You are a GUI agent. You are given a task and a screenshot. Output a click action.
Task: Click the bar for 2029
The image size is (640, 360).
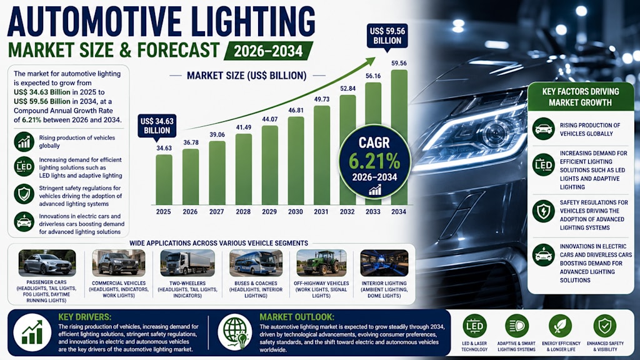270,165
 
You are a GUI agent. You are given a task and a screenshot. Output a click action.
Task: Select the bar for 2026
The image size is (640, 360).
191,177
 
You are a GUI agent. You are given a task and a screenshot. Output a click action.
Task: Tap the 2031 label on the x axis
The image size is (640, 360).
321,212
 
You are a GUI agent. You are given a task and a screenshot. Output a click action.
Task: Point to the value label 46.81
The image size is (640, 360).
296,110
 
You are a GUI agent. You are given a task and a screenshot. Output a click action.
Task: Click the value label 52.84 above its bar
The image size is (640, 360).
347,88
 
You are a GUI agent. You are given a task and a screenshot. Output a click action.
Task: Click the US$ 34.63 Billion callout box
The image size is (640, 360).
157,126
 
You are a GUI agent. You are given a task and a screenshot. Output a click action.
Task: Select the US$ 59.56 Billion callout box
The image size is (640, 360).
387,36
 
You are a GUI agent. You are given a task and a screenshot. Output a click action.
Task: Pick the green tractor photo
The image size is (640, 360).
322,263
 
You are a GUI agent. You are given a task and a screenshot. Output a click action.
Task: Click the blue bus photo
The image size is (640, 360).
256,263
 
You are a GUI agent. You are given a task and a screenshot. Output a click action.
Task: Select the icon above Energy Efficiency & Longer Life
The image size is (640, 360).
561,326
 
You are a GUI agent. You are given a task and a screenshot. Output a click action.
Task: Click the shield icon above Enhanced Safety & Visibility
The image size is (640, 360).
605,326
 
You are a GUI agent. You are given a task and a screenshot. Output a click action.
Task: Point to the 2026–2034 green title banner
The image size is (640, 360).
269,51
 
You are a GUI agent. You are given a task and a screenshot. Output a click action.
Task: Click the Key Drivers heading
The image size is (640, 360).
85,317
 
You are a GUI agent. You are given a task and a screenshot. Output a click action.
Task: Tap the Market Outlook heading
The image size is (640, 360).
297,317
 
